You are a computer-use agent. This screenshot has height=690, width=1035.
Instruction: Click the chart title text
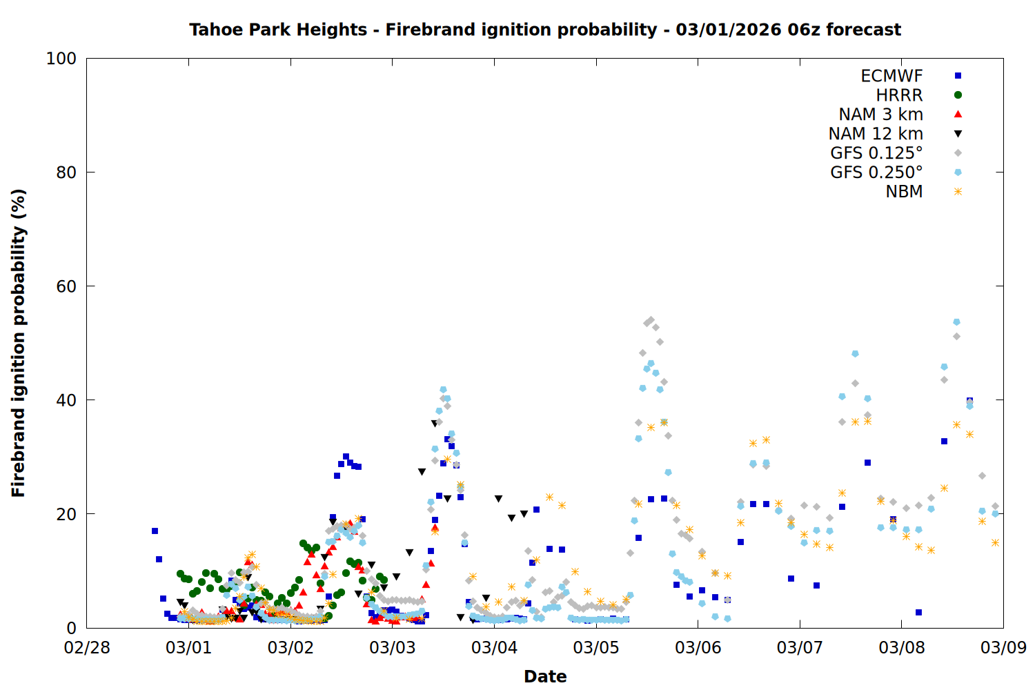click(545, 30)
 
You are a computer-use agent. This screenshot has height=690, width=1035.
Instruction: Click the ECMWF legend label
click(891, 76)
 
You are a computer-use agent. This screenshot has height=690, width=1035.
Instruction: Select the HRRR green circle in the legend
click(958, 95)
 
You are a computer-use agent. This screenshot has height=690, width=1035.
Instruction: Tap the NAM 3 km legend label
click(880, 115)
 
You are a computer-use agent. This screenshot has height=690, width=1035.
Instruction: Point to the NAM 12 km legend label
click(876, 134)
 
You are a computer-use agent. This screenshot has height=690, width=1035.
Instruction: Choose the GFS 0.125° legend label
click(876, 153)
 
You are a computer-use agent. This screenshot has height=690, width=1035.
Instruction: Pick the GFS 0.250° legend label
click(876, 172)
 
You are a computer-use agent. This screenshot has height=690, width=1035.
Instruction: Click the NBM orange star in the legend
click(958, 192)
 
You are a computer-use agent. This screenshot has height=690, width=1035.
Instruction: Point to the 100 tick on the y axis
click(61, 59)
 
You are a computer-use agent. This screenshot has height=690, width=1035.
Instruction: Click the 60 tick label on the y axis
click(66, 286)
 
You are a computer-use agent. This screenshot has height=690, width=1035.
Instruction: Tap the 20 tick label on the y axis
click(66, 514)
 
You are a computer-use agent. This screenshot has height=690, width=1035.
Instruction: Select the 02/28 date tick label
click(87, 648)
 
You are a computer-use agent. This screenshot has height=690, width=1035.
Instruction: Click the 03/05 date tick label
click(596, 648)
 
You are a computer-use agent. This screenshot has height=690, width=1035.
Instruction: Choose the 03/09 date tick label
click(1003, 648)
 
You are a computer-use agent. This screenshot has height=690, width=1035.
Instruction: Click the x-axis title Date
click(545, 676)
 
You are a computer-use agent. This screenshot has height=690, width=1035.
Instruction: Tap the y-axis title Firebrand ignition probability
click(19, 343)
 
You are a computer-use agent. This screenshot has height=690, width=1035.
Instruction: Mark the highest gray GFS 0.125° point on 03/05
click(651, 320)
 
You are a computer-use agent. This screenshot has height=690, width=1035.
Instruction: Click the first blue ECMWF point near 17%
click(155, 531)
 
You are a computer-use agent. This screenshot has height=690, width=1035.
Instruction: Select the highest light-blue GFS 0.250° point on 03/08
click(956, 322)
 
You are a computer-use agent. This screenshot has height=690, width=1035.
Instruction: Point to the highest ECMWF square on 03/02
click(346, 456)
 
